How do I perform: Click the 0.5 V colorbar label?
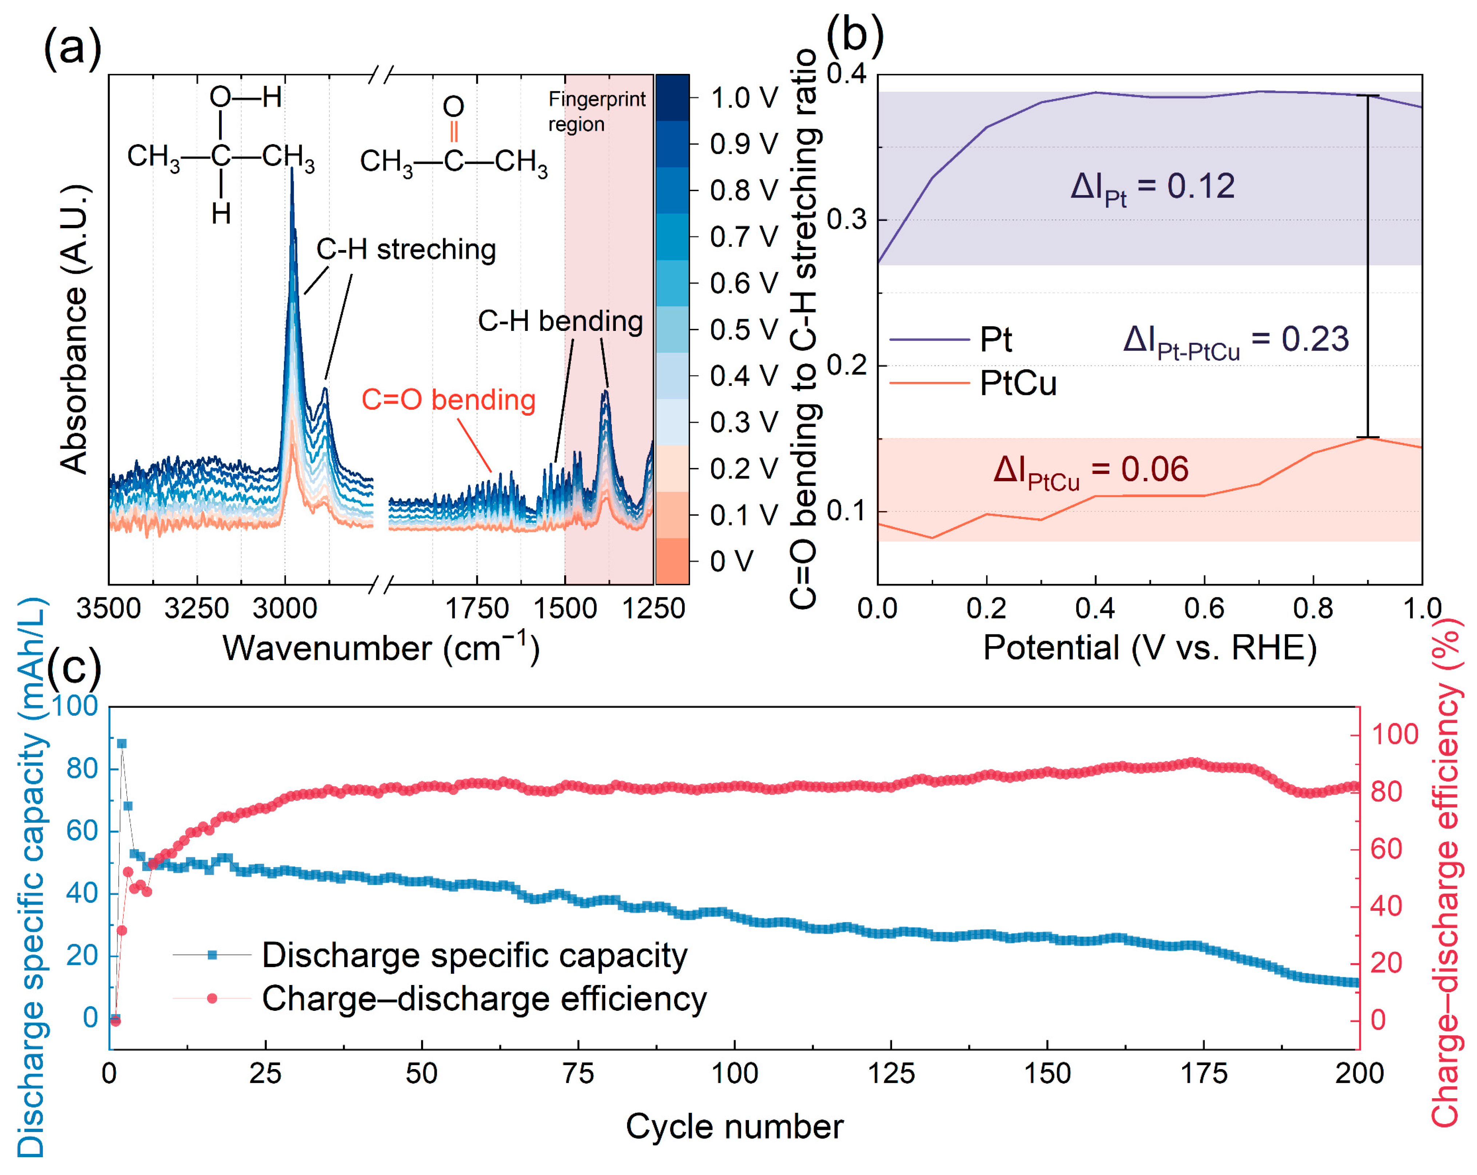743,329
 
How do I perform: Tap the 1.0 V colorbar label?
743,98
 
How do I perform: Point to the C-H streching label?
405,249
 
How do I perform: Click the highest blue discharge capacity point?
122,743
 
